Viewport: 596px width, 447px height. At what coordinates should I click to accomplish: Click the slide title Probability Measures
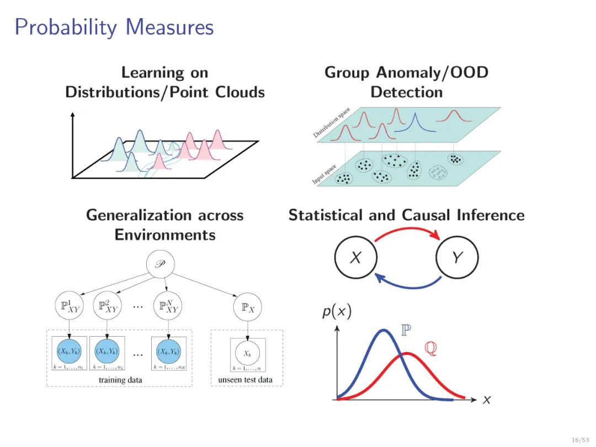pos(114,26)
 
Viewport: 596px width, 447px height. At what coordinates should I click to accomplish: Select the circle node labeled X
pos(355,257)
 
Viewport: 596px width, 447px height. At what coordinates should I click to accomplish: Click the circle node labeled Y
pos(457,257)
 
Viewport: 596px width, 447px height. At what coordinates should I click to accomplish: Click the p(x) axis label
pos(336,312)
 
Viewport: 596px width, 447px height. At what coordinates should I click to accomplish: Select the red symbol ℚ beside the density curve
pos(430,349)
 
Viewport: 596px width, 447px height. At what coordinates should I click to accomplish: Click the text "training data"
pos(120,380)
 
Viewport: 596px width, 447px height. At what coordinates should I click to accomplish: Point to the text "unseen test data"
pos(245,380)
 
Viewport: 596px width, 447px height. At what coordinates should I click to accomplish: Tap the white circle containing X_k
pos(247,352)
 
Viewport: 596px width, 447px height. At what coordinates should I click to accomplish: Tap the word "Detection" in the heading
pos(407,92)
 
